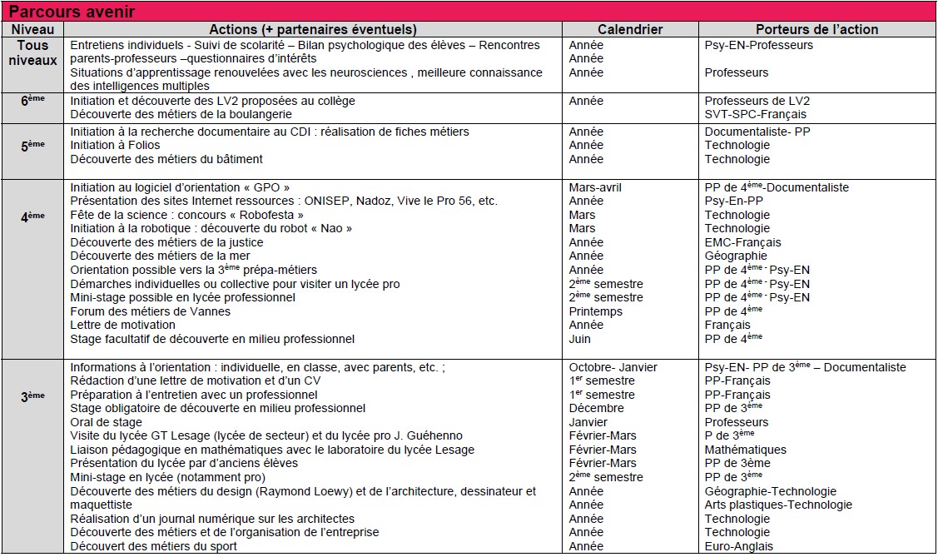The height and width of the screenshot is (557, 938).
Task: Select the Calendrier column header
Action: pyautogui.click(x=630, y=29)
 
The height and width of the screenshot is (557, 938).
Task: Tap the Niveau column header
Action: pyautogui.click(x=32, y=29)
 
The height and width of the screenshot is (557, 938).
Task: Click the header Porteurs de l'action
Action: pyautogui.click(x=816, y=29)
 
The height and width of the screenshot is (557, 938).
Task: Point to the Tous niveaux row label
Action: pyautogui.click(x=32, y=52)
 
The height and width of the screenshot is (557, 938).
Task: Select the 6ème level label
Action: pyautogui.click(x=32, y=99)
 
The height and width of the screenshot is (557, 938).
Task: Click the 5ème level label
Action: pyautogui.click(x=32, y=144)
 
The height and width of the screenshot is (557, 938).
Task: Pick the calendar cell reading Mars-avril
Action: pyautogui.click(x=595, y=187)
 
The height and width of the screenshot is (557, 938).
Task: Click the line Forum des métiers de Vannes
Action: pyautogui.click(x=151, y=311)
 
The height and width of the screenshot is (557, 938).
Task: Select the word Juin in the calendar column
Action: pyautogui.click(x=580, y=339)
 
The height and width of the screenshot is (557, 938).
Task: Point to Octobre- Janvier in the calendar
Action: pyautogui.click(x=613, y=367)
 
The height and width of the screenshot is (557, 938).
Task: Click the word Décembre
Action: pyautogui.click(x=596, y=408)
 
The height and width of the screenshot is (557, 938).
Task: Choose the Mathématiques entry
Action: pyautogui.click(x=744, y=450)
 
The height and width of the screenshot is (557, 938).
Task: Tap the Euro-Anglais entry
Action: pyautogui.click(x=738, y=546)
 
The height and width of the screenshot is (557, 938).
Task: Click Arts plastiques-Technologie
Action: pyautogui.click(x=778, y=505)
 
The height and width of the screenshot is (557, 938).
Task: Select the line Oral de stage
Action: pyautogui.click(x=106, y=422)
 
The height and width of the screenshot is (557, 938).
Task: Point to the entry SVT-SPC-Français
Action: pyautogui.click(x=751, y=114)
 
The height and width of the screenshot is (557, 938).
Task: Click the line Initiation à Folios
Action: pyautogui.click(x=115, y=145)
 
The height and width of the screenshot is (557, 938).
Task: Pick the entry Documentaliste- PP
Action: pyautogui.click(x=757, y=132)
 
